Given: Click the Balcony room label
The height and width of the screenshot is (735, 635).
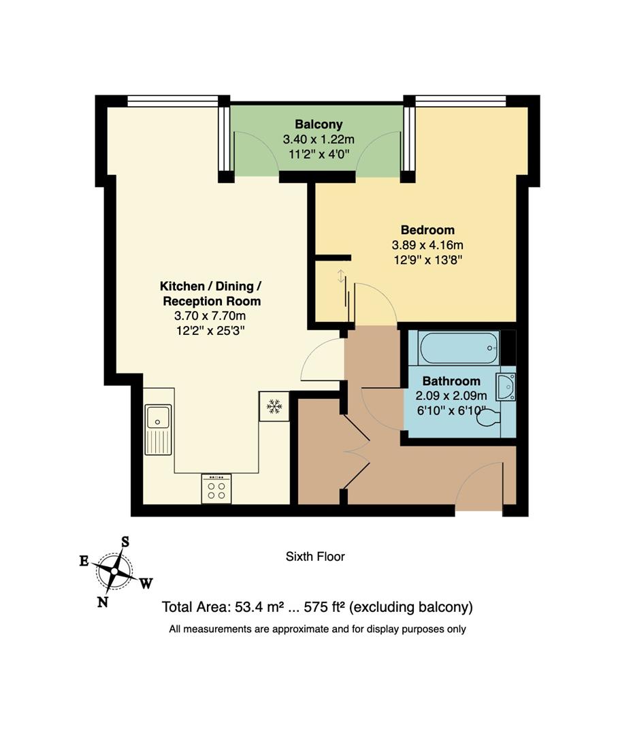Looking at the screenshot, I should [x=318, y=125].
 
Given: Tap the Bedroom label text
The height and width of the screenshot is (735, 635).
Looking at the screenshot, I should [x=427, y=229].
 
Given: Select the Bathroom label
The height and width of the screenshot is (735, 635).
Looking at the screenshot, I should [x=451, y=381].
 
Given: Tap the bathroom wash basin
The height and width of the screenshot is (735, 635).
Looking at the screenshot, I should [x=506, y=387].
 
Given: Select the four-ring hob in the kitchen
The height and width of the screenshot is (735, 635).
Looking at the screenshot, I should [x=216, y=489].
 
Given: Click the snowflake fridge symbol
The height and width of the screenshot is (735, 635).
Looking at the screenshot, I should [x=274, y=406].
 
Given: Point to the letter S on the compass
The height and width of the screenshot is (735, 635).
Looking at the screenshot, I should [x=125, y=542].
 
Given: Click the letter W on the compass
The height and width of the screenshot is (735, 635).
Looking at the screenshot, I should [x=146, y=583].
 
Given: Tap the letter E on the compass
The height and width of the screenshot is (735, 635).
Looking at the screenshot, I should [x=84, y=561].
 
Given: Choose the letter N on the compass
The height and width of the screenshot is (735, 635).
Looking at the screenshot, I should [x=103, y=602].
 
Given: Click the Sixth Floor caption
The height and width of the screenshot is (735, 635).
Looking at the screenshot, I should [x=315, y=557].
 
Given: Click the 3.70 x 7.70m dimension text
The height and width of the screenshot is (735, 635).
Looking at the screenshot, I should [x=210, y=316].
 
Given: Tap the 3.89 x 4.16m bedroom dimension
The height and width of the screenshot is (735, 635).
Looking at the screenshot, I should [x=427, y=244].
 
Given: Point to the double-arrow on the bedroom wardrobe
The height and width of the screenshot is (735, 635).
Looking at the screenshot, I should [x=341, y=276].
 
